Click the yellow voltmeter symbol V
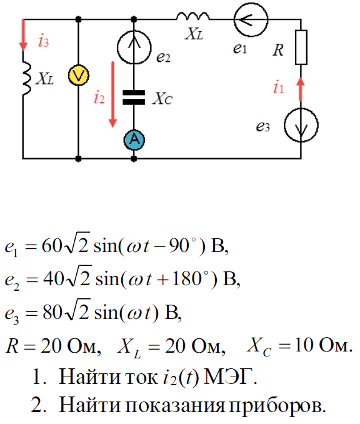click(78, 76)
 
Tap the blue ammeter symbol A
click(134, 140)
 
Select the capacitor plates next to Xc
click(134, 98)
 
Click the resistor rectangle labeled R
click(301, 48)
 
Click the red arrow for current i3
click(23, 34)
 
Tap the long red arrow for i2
click(112, 94)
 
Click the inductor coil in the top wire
click(192, 16)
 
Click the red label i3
click(44, 41)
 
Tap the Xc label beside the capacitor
click(162, 98)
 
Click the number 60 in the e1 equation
click(52, 246)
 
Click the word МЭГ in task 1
click(230, 376)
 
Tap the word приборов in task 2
click(277, 406)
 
